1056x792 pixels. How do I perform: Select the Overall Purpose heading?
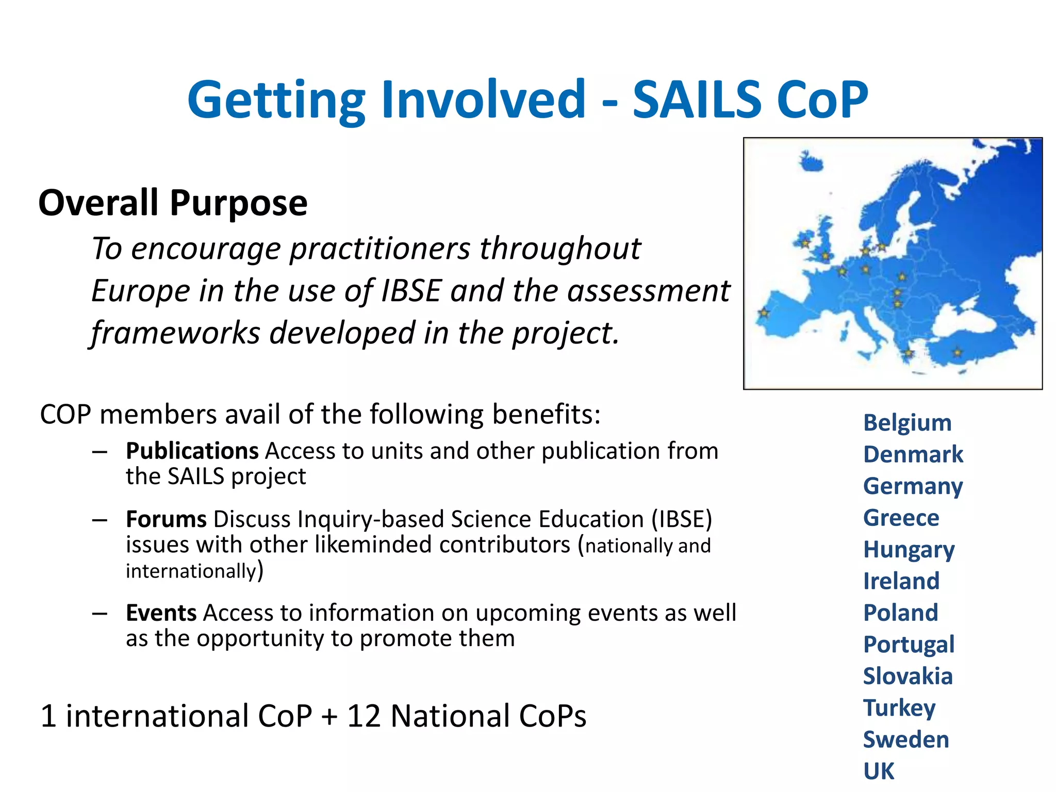(x=173, y=203)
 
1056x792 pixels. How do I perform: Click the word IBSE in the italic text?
(x=411, y=290)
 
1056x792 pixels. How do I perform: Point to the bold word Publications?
(x=192, y=451)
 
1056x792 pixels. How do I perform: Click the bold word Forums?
(x=166, y=519)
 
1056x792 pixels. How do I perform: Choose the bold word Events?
(x=161, y=613)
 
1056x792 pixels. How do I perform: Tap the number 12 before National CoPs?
(x=364, y=716)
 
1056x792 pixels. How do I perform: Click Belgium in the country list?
(x=907, y=423)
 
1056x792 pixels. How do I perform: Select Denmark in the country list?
(x=913, y=455)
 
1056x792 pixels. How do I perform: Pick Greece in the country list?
(x=901, y=518)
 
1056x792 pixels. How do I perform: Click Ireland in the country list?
(x=901, y=581)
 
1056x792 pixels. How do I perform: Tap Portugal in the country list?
(x=909, y=645)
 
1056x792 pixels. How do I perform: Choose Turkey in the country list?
(x=899, y=708)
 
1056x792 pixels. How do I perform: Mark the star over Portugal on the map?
(x=764, y=313)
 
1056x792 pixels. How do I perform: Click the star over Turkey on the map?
(x=957, y=353)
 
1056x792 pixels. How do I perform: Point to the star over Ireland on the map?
(x=805, y=242)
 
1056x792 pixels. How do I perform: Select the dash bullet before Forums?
(x=100, y=520)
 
